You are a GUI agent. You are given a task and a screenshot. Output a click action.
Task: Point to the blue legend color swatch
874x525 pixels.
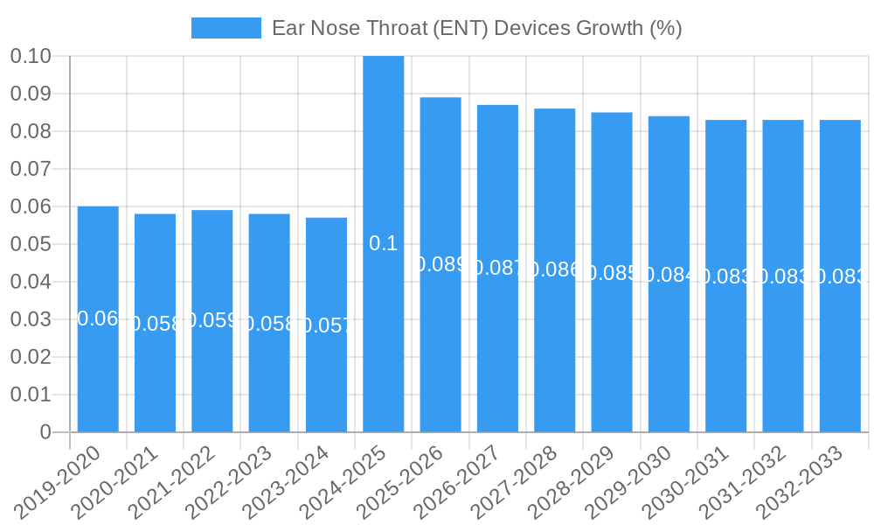pyautogui.click(x=225, y=28)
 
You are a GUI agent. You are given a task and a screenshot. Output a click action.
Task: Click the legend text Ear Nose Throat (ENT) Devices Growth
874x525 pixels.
pyautogui.click(x=476, y=28)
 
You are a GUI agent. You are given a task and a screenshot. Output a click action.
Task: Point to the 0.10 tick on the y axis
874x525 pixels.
pyautogui.click(x=31, y=56)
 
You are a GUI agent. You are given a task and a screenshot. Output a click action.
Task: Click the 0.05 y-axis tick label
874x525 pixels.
pyautogui.click(x=31, y=244)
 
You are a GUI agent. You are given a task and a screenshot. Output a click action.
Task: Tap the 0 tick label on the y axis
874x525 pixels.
pyautogui.click(x=45, y=432)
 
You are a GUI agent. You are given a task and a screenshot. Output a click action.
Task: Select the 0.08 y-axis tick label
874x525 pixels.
pyautogui.click(x=31, y=131)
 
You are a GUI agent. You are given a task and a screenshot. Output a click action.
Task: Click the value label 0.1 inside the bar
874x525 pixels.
pyautogui.click(x=384, y=243)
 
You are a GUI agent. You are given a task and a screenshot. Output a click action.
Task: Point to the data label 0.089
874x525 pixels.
pyautogui.click(x=440, y=264)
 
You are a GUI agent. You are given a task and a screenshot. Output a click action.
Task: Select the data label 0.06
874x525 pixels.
pyautogui.click(x=98, y=318)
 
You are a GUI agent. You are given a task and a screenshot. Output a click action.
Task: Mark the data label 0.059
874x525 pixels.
pyautogui.click(x=212, y=320)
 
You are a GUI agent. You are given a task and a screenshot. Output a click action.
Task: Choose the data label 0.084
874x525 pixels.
pyautogui.click(x=669, y=275)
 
